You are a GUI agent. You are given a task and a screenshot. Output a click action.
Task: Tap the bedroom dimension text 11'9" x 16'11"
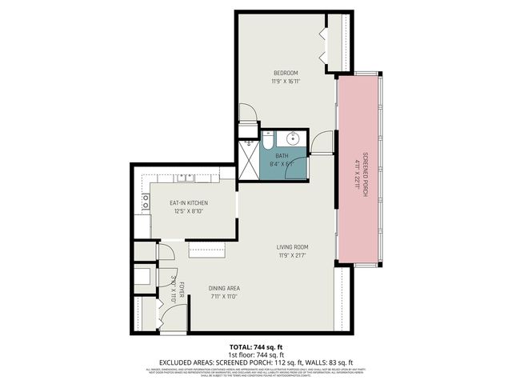pyautogui.click(x=286, y=81)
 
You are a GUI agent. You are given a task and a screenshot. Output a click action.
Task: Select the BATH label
pyautogui.click(x=282, y=156)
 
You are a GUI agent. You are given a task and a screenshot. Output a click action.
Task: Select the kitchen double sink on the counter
pyautogui.click(x=186, y=178)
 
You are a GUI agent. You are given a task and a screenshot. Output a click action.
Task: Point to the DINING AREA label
pyautogui.click(x=224, y=288)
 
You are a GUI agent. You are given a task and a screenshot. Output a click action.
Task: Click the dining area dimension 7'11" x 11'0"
pyautogui.click(x=224, y=297)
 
